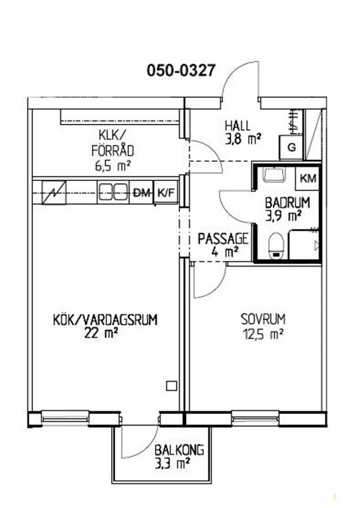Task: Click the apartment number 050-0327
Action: (x=181, y=70)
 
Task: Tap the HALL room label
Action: (x=238, y=126)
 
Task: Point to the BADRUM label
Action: (x=288, y=203)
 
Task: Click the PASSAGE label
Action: (x=223, y=239)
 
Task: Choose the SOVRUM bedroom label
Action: (x=263, y=319)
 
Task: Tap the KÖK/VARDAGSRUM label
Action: (x=105, y=320)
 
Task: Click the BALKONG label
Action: (x=179, y=450)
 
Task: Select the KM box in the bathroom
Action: (x=308, y=178)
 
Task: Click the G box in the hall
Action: (x=291, y=148)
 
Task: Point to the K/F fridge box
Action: (x=166, y=193)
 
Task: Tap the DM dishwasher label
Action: (x=142, y=194)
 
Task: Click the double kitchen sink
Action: (x=113, y=192)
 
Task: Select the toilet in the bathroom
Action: (x=276, y=246)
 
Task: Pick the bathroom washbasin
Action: (x=274, y=174)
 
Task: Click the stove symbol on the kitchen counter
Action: (x=54, y=193)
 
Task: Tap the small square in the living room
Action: (x=171, y=386)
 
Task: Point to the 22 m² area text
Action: (x=101, y=333)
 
